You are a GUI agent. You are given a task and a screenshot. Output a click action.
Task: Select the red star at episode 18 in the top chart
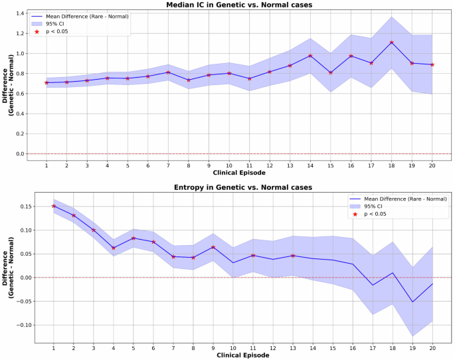click(x=392, y=43)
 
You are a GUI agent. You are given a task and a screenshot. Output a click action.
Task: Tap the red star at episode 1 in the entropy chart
click(x=54, y=206)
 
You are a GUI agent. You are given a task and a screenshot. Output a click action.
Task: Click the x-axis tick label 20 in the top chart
click(x=432, y=164)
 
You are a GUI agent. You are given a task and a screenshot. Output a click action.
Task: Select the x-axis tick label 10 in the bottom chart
click(x=232, y=347)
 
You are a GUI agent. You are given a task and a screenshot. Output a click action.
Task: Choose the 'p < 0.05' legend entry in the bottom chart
click(x=375, y=214)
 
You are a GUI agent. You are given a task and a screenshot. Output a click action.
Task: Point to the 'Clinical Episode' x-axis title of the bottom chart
click(x=242, y=355)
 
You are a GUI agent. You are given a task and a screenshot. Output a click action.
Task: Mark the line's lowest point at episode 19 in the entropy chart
click(x=412, y=302)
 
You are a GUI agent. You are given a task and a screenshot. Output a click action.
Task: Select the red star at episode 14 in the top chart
click(x=310, y=56)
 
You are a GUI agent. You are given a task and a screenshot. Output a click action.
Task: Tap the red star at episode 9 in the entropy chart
click(x=213, y=247)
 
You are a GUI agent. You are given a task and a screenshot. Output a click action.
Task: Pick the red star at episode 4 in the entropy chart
click(x=114, y=248)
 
